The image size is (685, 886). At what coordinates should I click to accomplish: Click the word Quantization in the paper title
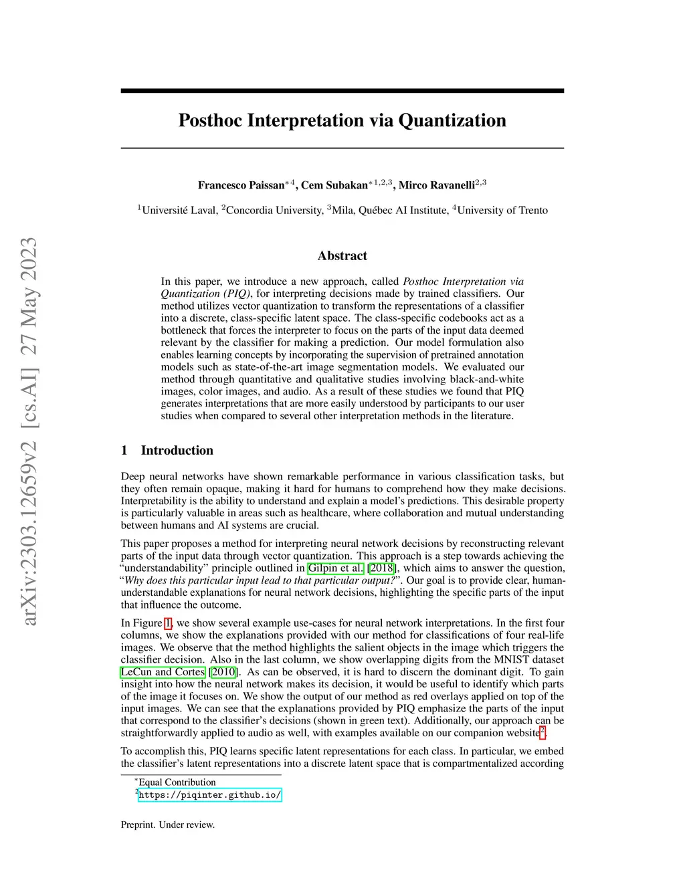coord(452,121)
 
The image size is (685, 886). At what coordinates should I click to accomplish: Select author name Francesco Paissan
coord(241,185)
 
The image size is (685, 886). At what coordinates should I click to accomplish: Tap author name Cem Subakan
coord(334,185)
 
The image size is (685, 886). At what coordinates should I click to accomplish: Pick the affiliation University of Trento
coord(502,211)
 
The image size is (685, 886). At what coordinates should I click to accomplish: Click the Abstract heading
coord(342,256)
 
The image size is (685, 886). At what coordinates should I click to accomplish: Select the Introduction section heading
coord(177,451)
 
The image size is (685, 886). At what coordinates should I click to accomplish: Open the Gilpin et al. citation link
coord(335,568)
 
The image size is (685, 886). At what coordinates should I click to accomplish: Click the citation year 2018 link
coord(382,568)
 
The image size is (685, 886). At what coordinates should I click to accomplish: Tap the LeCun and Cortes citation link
coord(163,672)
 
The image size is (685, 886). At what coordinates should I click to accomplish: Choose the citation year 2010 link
coord(223,672)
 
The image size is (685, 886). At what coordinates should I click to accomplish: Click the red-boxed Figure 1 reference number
coord(168,623)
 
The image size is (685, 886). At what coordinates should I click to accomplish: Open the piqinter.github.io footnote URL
coord(209,795)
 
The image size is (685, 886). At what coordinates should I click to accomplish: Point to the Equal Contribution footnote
coord(177,782)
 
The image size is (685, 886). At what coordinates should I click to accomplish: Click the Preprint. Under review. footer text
coord(168,825)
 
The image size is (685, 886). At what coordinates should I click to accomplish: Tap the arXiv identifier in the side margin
coord(29,535)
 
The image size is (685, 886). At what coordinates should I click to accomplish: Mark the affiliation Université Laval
coord(179,211)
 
